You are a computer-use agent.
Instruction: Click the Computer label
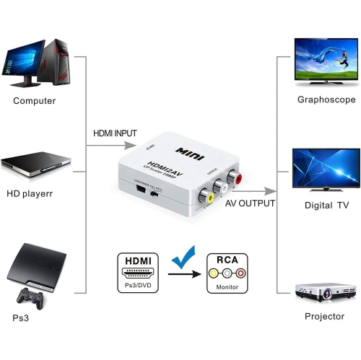click(34, 100)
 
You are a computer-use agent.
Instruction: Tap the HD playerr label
click(30, 193)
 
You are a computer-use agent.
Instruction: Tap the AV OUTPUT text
click(251, 204)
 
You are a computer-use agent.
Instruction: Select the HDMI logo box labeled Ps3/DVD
click(137, 272)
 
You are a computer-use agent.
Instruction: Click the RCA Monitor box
click(227, 272)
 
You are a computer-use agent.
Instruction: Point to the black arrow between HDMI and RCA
click(184, 273)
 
